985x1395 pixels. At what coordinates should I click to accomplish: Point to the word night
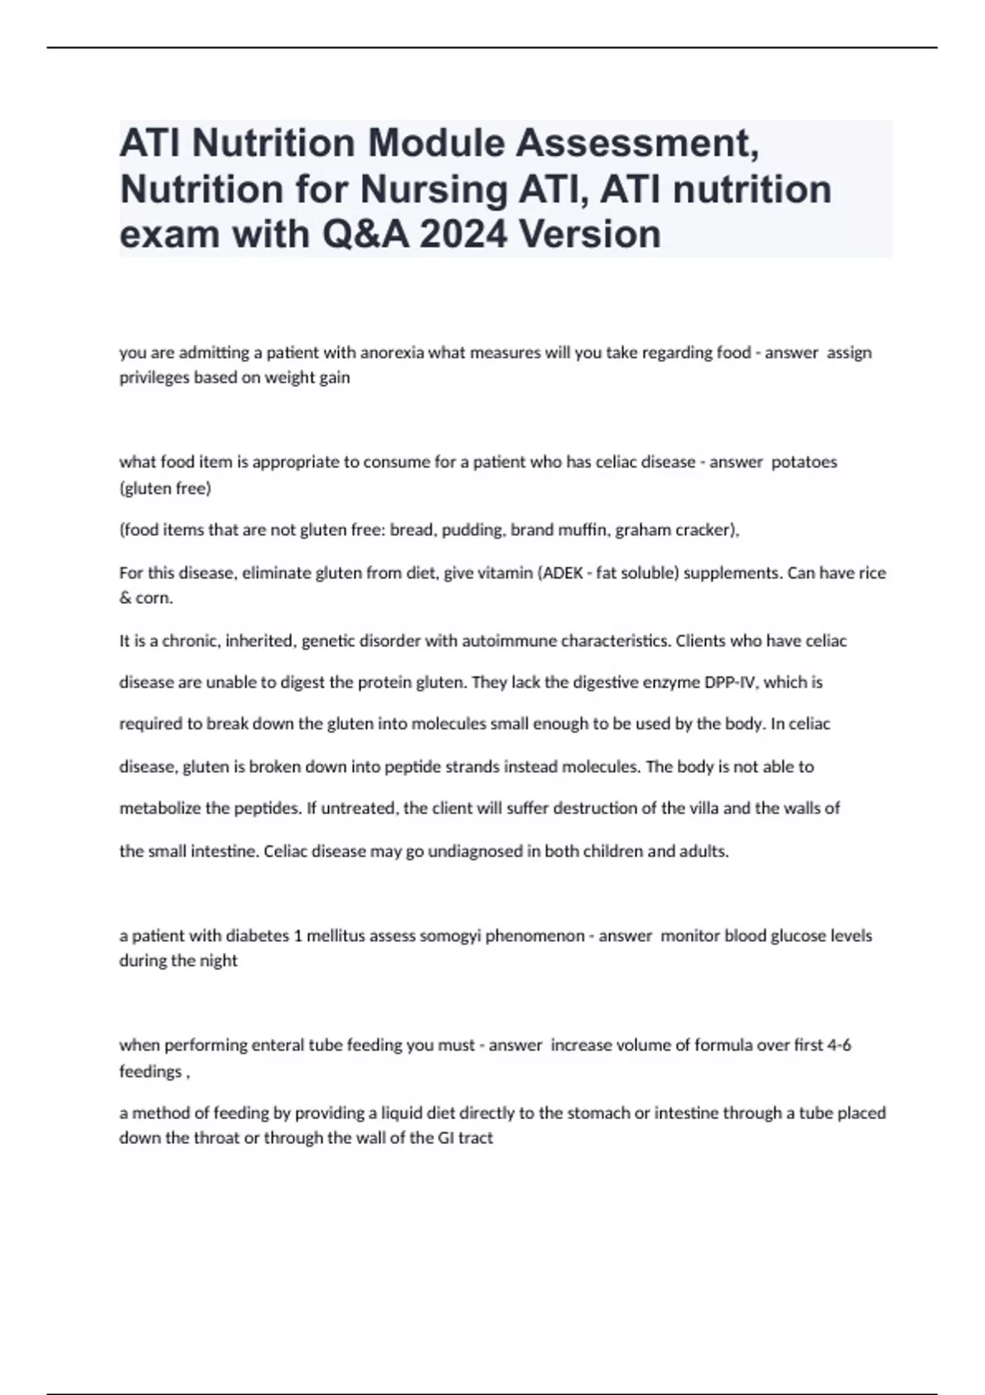[x=218, y=961]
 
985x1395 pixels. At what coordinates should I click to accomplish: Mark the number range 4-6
[x=839, y=1045]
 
